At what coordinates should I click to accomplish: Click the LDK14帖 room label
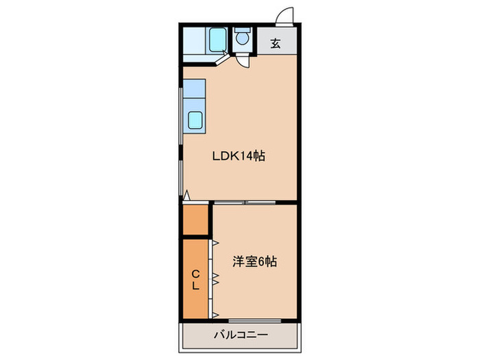click(237, 156)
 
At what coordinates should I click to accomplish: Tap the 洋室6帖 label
click(254, 261)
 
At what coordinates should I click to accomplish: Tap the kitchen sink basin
click(195, 120)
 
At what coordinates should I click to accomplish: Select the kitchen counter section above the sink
click(194, 88)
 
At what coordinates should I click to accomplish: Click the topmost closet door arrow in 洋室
click(215, 243)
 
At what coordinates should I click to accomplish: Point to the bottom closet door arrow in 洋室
click(215, 314)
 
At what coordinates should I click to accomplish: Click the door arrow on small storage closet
click(187, 197)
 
